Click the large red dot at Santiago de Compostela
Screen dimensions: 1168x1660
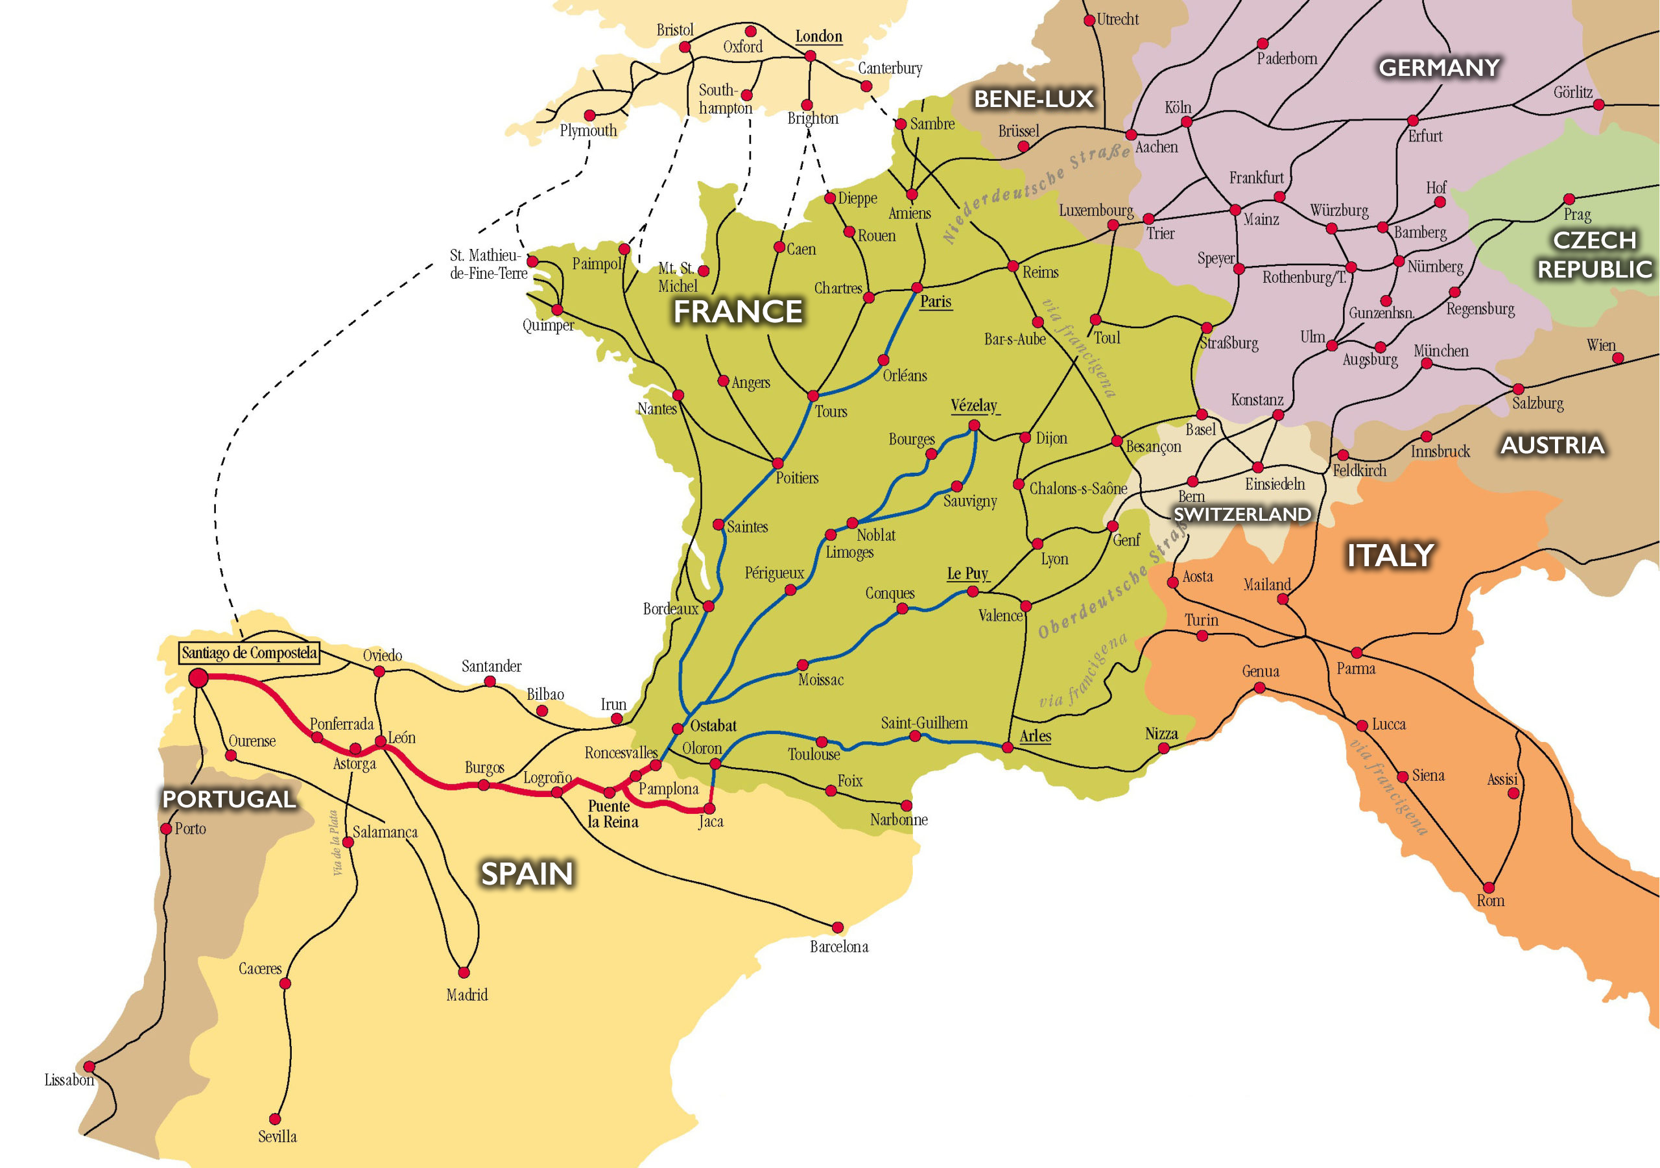[198, 678]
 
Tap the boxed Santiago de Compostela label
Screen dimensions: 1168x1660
[250, 653]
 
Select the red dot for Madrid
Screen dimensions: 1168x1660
[464, 973]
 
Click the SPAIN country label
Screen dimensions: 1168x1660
[527, 874]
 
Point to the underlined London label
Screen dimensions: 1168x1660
[818, 37]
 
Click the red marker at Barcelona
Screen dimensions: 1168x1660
[837, 927]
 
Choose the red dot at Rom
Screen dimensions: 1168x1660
[1489, 888]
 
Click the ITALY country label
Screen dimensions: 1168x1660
[1390, 555]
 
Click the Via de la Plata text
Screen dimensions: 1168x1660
[335, 842]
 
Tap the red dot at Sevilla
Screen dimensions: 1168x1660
[275, 1119]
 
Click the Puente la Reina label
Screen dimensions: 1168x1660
[612, 814]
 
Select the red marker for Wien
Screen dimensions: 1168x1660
[1618, 358]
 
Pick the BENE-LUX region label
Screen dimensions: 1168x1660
[1033, 99]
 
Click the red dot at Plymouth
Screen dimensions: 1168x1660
[590, 115]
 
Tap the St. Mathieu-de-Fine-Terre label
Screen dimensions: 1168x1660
[488, 264]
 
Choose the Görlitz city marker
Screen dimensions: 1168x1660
[1598, 105]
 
